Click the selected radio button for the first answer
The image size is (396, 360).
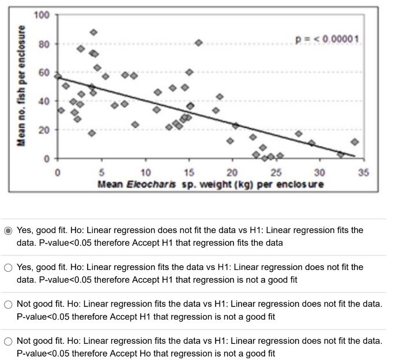(x=9, y=230)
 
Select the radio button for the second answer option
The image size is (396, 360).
(x=9, y=267)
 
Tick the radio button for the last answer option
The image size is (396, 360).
(x=9, y=341)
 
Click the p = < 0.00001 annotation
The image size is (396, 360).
(x=327, y=39)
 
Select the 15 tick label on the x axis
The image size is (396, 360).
(x=188, y=172)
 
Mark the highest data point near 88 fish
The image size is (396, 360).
(x=93, y=32)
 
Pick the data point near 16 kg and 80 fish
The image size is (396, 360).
(x=199, y=43)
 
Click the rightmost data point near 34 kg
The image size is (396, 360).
(x=354, y=142)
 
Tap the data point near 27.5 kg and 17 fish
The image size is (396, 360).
(x=299, y=134)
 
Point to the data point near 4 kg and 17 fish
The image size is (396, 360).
(x=92, y=133)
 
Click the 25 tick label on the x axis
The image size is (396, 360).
(x=276, y=172)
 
